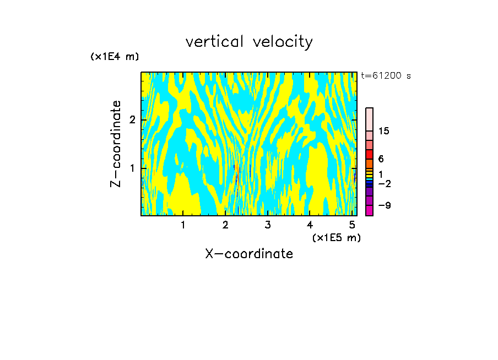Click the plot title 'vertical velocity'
[249, 42]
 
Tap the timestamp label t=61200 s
[386, 76]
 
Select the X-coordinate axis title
[249, 254]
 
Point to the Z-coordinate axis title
[116, 144]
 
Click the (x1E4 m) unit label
[115, 57]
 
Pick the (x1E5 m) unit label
[336, 237]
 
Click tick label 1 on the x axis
[183, 225]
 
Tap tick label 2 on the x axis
[225, 225]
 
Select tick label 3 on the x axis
[267, 225]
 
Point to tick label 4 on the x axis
[310, 225]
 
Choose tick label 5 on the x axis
[351, 225]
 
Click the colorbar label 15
[385, 131]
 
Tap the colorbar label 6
[381, 159]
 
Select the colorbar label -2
[384, 183]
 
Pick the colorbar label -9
[384, 205]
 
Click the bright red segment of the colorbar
[370, 154]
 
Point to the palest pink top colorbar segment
[370, 119]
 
